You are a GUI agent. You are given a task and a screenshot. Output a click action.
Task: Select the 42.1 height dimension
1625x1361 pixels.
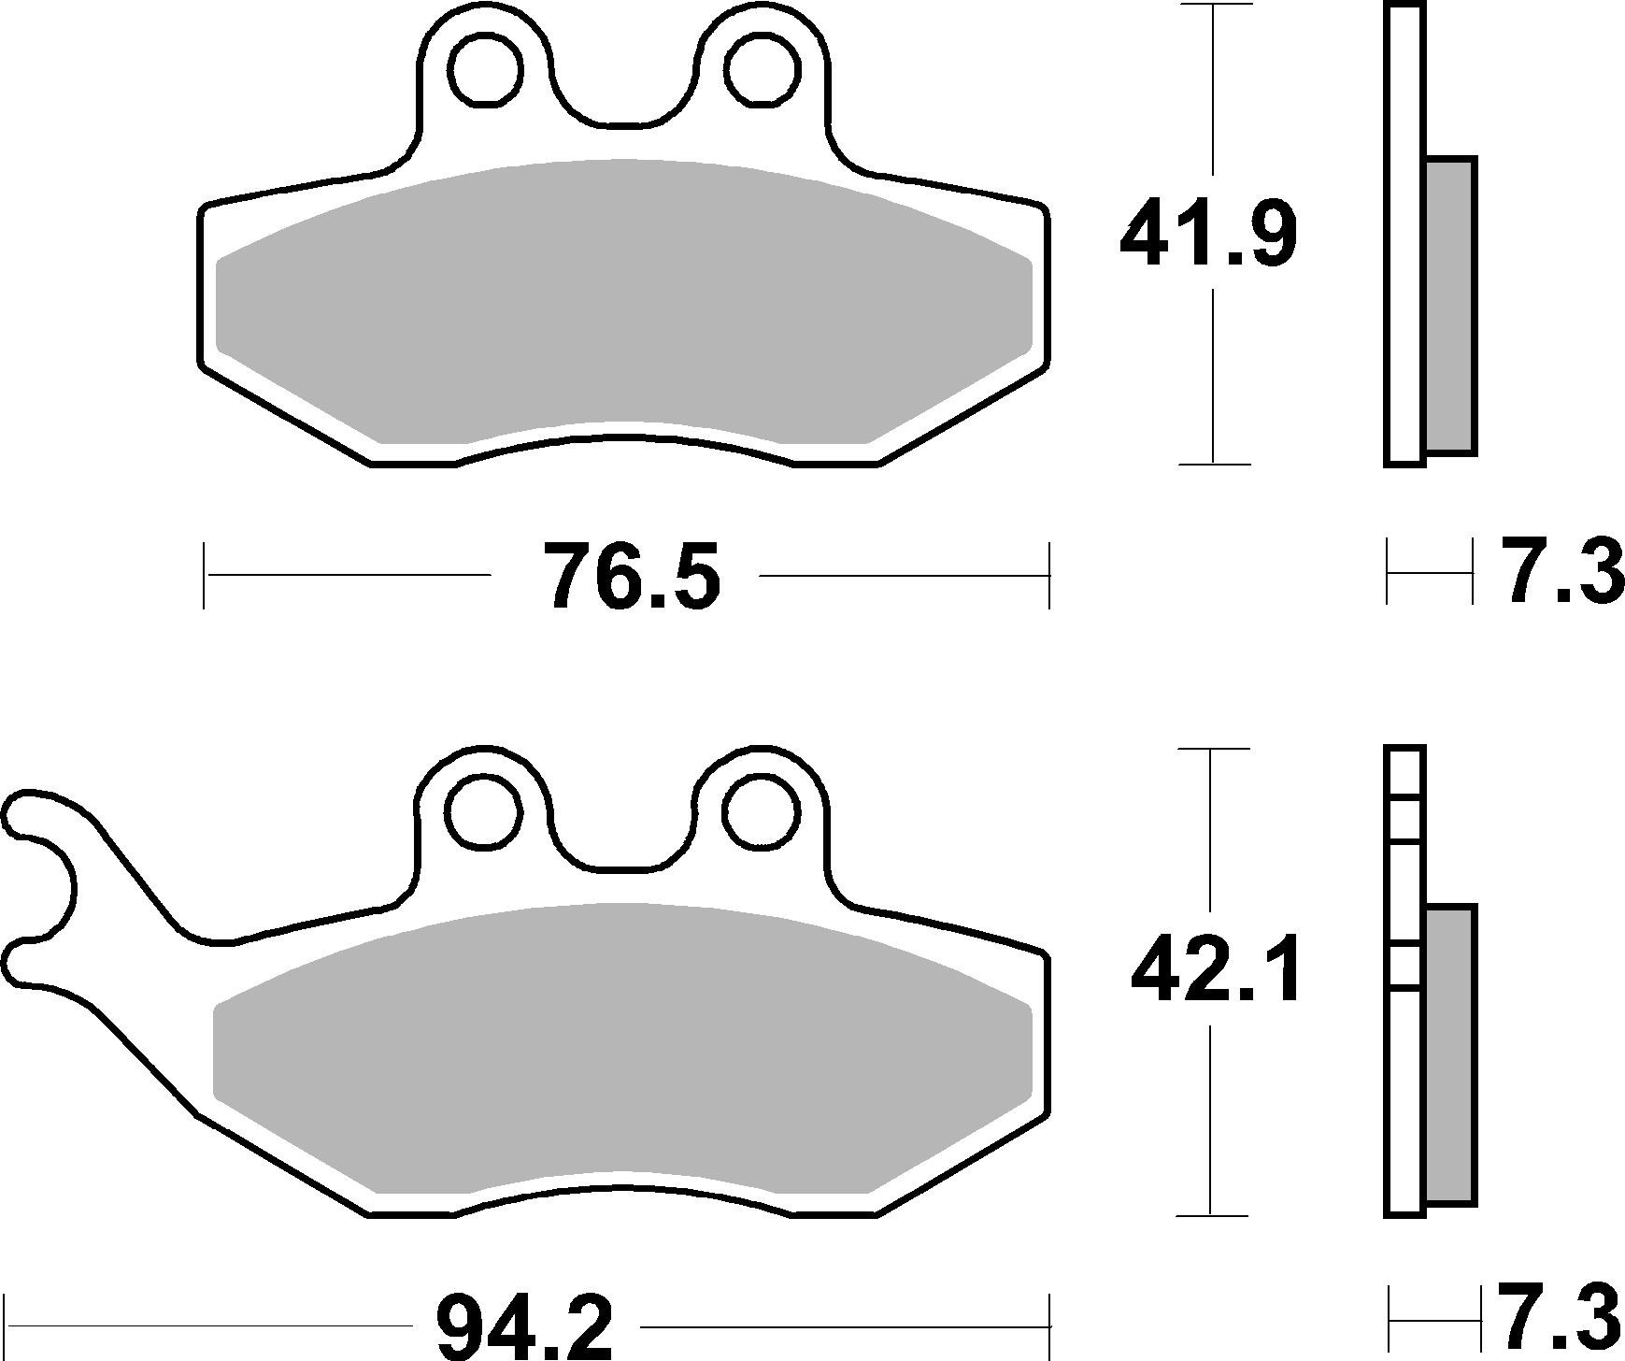[1215, 974]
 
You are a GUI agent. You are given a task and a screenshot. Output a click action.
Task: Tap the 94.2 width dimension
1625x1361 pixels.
[525, 1326]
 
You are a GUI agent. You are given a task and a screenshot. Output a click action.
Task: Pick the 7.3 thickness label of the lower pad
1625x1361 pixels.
[1558, 1319]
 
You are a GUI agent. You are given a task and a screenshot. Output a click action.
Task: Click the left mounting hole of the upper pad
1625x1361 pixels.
[485, 68]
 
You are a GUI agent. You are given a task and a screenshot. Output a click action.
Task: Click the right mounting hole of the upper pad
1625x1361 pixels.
[763, 68]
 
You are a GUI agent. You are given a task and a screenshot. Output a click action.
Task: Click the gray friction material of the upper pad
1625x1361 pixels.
[623, 308]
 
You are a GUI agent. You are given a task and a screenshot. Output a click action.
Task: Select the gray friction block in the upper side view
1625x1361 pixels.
[1451, 306]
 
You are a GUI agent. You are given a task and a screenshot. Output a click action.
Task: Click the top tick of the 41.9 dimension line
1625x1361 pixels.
[1213, 5]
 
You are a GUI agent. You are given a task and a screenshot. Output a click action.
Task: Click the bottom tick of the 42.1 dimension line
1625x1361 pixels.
[1212, 1215]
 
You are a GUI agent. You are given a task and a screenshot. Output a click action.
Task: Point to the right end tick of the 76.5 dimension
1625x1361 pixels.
[1049, 575]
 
